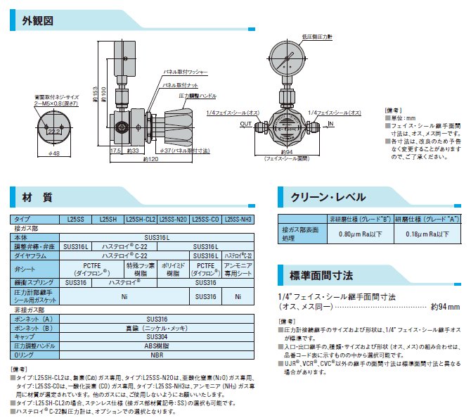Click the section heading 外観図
click(x=38, y=20)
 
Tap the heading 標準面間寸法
click(x=316, y=271)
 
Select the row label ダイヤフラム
click(x=30, y=255)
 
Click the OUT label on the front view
click(x=245, y=124)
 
